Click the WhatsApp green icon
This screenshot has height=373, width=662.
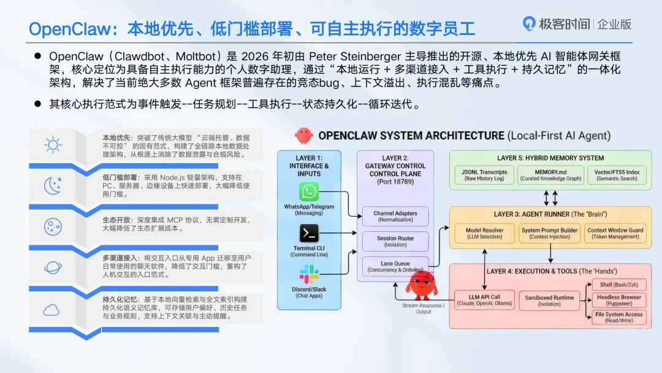[x=309, y=191]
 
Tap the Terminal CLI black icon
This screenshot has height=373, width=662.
[x=309, y=233]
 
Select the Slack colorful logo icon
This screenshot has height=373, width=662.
[x=309, y=274]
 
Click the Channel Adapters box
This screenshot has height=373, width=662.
[x=395, y=217]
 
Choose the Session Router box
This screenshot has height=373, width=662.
[x=395, y=241]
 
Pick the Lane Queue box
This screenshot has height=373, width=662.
[x=395, y=266]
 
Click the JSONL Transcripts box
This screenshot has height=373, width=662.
[x=484, y=175]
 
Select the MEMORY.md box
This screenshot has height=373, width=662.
[x=550, y=175]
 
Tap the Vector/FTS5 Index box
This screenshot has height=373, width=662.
[x=617, y=175]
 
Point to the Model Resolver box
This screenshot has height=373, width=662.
[x=484, y=233]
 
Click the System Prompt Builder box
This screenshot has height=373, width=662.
[x=549, y=233]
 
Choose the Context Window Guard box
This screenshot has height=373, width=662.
[x=615, y=233]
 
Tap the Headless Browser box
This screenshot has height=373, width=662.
[x=618, y=300]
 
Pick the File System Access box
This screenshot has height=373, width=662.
[x=618, y=317]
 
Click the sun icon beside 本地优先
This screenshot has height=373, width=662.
[x=53, y=145]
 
